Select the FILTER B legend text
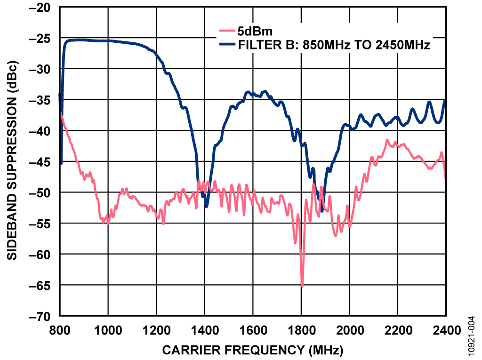coord(334,45)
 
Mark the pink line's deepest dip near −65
coord(302,285)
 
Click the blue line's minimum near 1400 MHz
coord(206,206)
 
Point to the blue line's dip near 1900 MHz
coord(322,210)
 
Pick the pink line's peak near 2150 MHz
coord(387,140)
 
